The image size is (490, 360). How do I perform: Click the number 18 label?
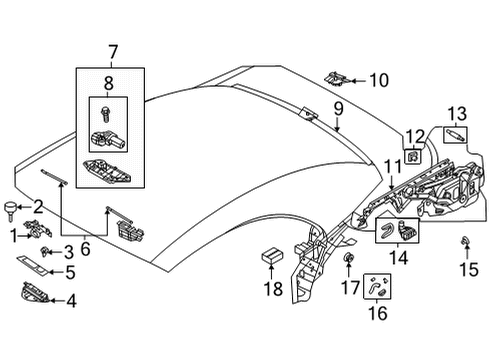(x=267, y=289)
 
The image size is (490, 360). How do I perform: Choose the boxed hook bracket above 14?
(x=399, y=232)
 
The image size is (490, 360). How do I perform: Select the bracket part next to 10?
(x=341, y=76)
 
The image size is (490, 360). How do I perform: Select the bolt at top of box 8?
(x=105, y=109)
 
